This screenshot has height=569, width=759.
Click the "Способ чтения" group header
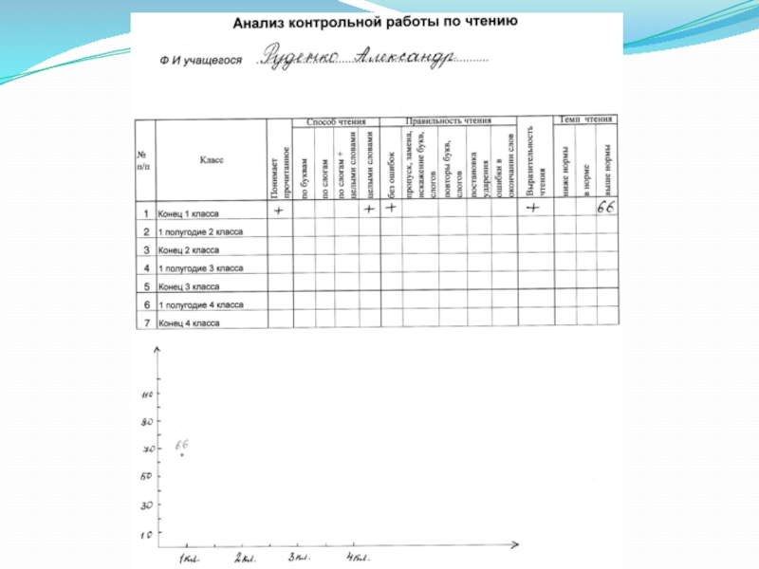[335, 121]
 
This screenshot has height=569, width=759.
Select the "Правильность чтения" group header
[448, 121]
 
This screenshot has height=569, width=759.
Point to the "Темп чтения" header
[584, 119]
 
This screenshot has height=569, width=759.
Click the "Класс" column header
[212, 160]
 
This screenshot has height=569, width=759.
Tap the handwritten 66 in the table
[605, 208]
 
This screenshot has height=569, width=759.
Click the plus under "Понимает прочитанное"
[280, 210]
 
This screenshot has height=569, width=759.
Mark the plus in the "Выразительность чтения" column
[533, 209]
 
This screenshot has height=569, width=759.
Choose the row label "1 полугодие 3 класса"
[200, 268]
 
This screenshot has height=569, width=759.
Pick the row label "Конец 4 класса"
[189, 323]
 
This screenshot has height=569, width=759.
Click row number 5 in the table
[146, 286]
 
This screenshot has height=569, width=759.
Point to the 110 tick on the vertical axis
[146, 395]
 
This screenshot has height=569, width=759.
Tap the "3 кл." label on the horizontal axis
[300, 557]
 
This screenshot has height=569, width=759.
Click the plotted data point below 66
[182, 455]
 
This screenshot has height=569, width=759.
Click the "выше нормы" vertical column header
[607, 168]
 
